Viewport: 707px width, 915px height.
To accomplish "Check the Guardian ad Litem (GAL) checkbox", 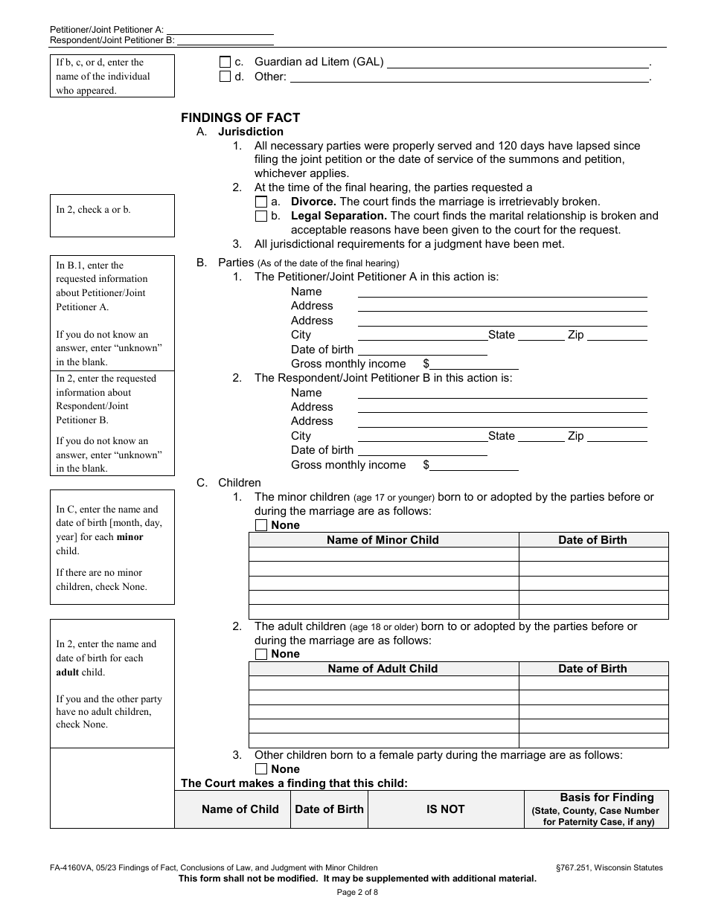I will pyautogui.click(x=225, y=62).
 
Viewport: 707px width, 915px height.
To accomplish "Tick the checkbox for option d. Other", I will pyautogui.click(x=225, y=77).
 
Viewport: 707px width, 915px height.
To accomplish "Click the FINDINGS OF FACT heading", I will pyautogui.click(x=240, y=118).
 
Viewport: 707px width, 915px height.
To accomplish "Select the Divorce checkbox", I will pyautogui.click(x=261, y=202).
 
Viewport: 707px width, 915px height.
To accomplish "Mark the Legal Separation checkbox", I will pyautogui.click(x=261, y=216).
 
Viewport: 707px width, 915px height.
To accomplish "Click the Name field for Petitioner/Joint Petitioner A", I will pyautogui.click(x=502, y=292).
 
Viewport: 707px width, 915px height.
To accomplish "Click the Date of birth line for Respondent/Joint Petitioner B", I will pyautogui.click(x=422, y=450).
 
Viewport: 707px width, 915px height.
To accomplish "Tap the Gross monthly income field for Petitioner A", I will pyautogui.click(x=474, y=364).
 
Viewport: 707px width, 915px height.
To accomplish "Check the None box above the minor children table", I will pyautogui.click(x=261, y=525).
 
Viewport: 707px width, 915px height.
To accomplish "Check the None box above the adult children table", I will pyautogui.click(x=261, y=655).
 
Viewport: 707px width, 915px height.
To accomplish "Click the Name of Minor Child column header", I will pyautogui.click(x=383, y=540).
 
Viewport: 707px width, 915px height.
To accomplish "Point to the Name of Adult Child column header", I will pyautogui.click(x=383, y=669).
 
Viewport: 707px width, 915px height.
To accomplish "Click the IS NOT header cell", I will pyautogui.click(x=445, y=809).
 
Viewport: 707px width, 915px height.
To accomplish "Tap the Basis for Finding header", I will pyautogui.click(x=607, y=797).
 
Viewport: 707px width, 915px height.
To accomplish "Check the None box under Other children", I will pyautogui.click(x=261, y=769).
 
